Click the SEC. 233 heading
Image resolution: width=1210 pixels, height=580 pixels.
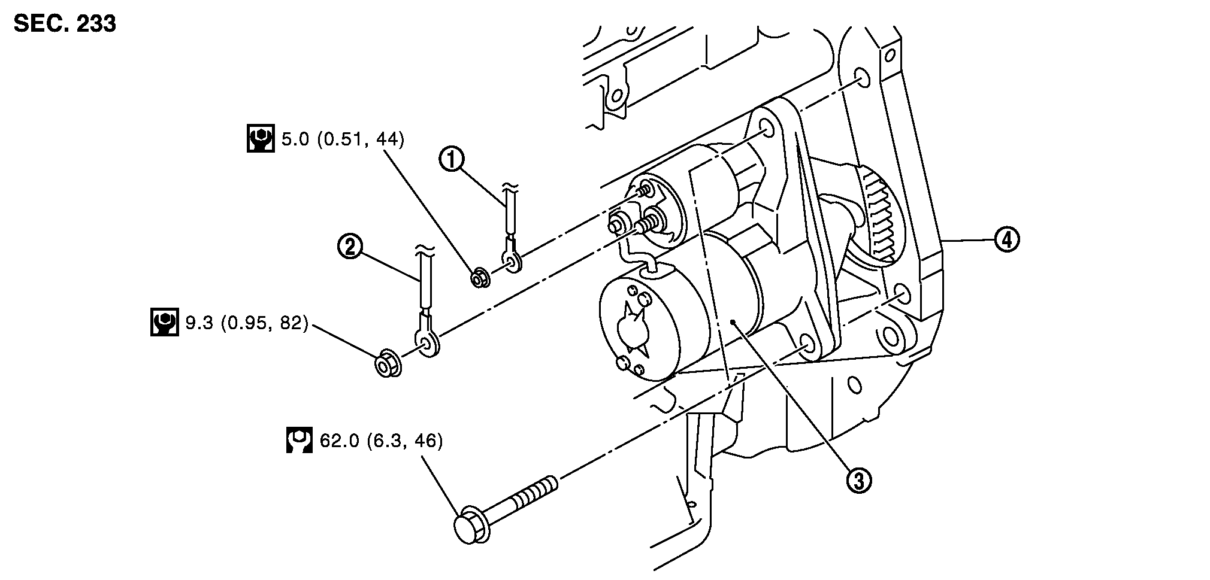point(65,24)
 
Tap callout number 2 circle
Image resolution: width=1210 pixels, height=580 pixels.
point(350,247)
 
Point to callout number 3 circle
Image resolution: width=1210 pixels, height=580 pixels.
point(858,480)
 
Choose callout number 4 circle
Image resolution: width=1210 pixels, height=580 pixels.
point(1007,239)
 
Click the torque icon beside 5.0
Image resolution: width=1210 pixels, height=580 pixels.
point(261,138)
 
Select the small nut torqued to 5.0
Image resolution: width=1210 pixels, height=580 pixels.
point(479,278)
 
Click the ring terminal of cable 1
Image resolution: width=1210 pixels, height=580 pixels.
point(513,260)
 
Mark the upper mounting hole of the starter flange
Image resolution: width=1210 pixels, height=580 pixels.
point(767,129)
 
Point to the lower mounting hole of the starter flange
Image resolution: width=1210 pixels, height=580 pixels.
point(806,345)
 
